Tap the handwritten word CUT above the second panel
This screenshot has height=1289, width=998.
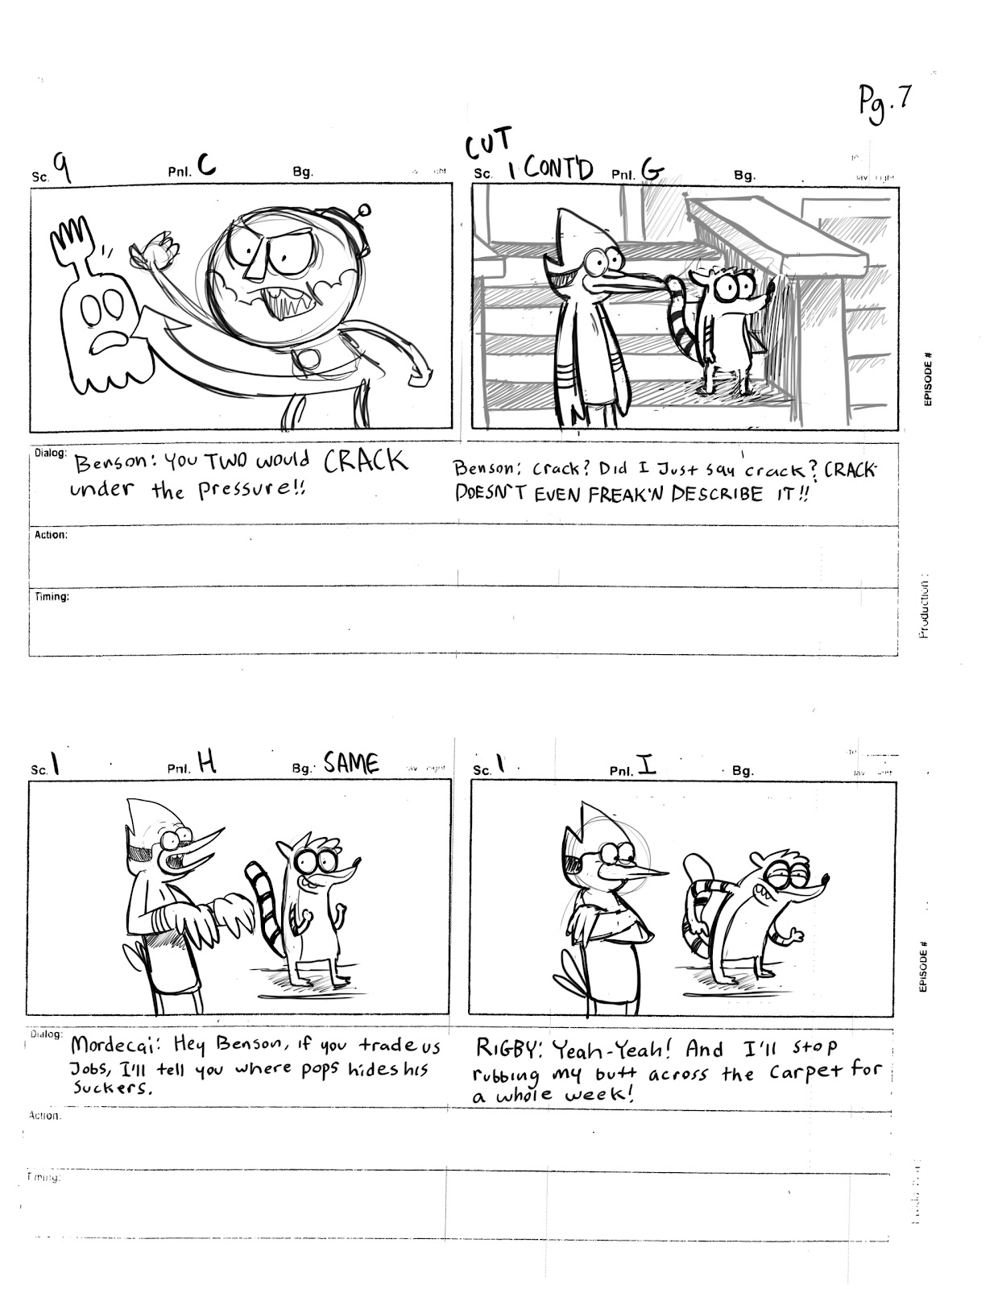[488, 145]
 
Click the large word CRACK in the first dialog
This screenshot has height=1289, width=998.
[365, 462]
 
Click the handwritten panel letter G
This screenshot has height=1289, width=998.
[652, 170]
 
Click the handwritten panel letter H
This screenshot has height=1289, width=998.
[207, 762]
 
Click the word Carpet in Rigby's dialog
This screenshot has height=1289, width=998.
[806, 1072]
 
